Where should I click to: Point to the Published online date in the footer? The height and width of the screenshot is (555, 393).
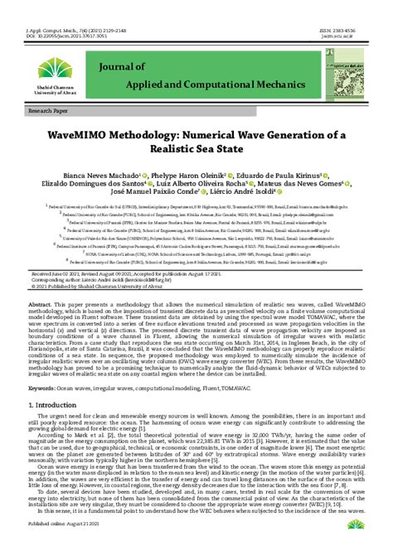tap(64, 547)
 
